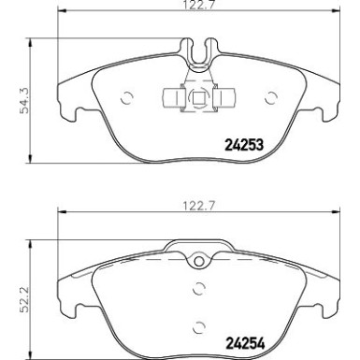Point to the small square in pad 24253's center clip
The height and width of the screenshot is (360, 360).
pyautogui.click(x=197, y=97)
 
